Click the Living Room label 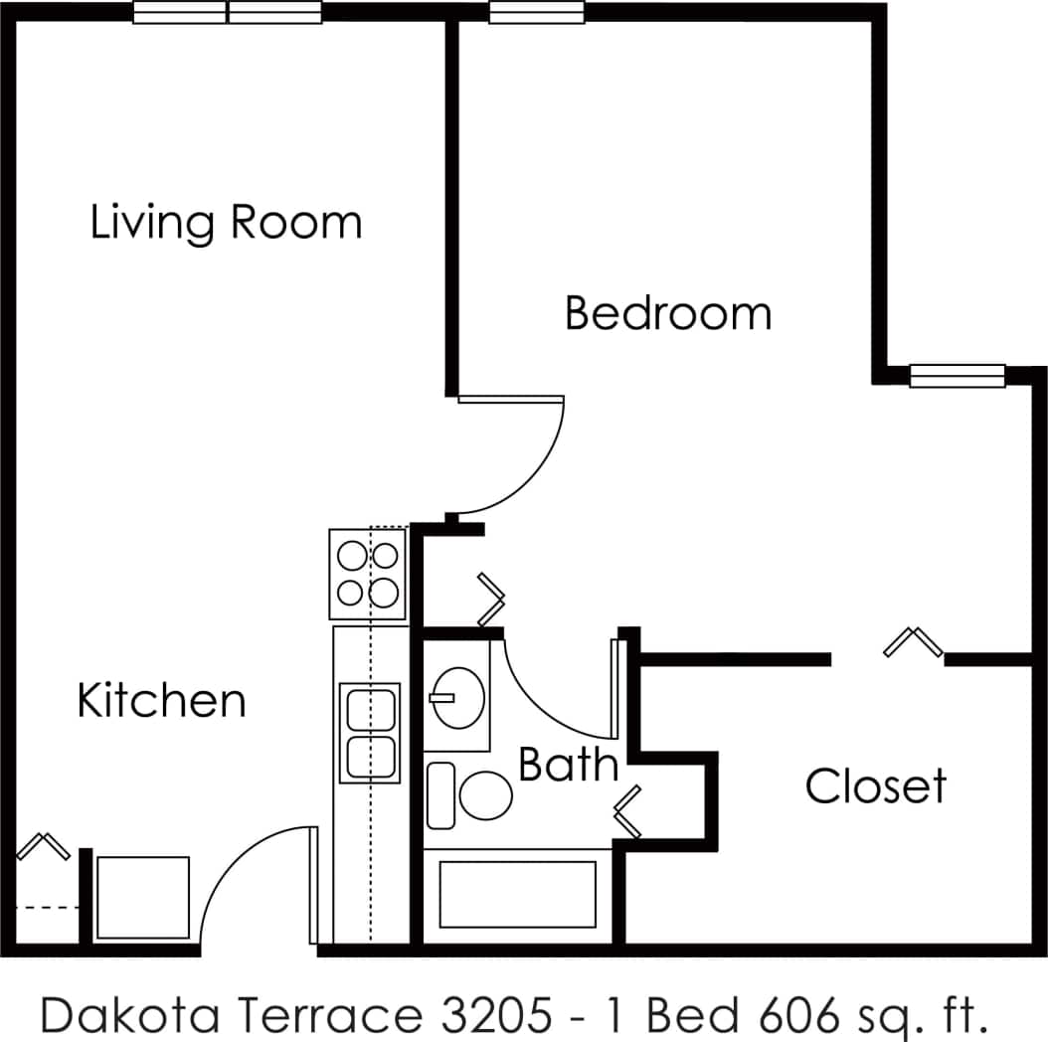(226, 222)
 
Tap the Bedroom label (667, 313)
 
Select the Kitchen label (161, 701)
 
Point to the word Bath (568, 766)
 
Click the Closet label (875, 786)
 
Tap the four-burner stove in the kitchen (368, 575)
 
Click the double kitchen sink (370, 732)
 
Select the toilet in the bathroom (484, 794)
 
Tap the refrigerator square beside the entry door (142, 897)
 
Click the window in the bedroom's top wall (537, 13)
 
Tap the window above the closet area (958, 376)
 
